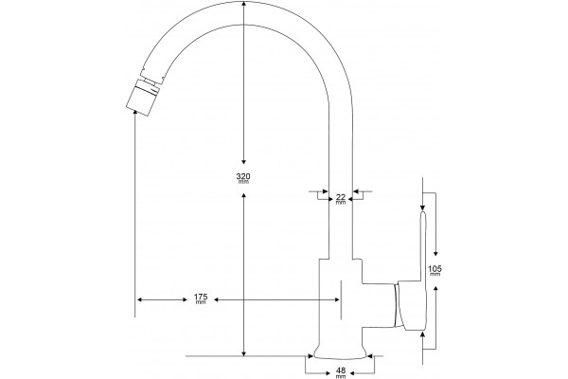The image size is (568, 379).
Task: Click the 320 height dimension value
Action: [x=243, y=176]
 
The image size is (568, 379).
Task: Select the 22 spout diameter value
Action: [x=341, y=197]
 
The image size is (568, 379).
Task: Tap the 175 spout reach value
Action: [x=201, y=298]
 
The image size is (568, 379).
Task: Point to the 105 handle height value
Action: [x=435, y=269]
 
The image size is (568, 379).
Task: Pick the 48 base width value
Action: [x=341, y=370]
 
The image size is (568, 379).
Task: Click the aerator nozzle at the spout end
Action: [x=143, y=97]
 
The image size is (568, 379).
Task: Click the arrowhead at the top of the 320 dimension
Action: [x=244, y=4]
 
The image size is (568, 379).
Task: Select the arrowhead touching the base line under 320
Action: [x=244, y=352]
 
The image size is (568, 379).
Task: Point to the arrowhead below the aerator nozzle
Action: [x=135, y=115]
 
